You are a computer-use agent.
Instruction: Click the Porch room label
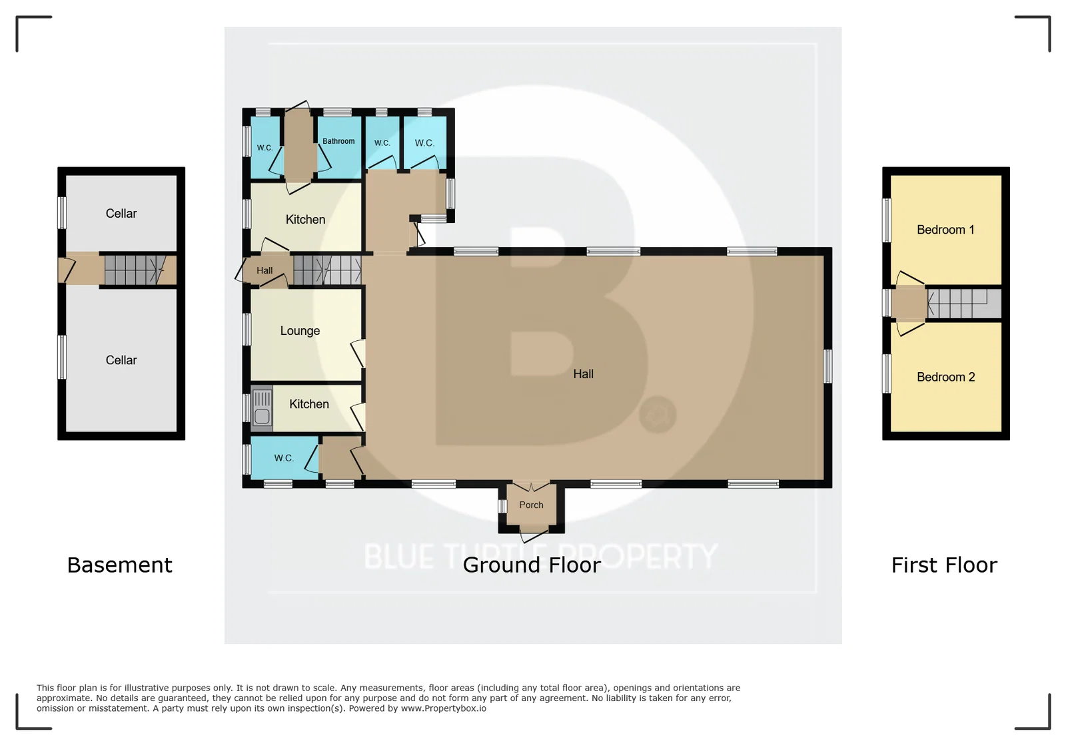[x=531, y=505]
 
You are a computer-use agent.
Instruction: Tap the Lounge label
[x=300, y=331]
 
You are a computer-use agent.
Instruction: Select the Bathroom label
[x=338, y=141]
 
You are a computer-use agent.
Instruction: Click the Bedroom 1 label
[x=945, y=230]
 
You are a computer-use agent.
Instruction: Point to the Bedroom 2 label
[x=945, y=377]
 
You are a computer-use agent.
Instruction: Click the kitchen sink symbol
[x=262, y=408]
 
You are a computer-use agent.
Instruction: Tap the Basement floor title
[x=119, y=565]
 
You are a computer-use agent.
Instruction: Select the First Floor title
[x=944, y=565]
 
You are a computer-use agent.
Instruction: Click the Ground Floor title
[x=532, y=565]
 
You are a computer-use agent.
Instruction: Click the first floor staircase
[x=964, y=304]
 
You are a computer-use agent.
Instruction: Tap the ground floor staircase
[x=327, y=270]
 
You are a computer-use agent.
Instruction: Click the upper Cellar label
[x=121, y=214]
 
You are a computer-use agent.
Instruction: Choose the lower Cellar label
[x=121, y=360]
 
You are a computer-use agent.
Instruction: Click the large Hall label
[x=583, y=374]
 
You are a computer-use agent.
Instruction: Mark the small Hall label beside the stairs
[x=265, y=270]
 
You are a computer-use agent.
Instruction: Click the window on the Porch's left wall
[x=502, y=506]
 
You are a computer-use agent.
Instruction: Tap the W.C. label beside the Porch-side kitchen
[x=284, y=458]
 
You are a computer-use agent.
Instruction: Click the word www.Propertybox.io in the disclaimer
[x=444, y=708]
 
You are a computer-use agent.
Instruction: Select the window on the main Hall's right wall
[x=828, y=366]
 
